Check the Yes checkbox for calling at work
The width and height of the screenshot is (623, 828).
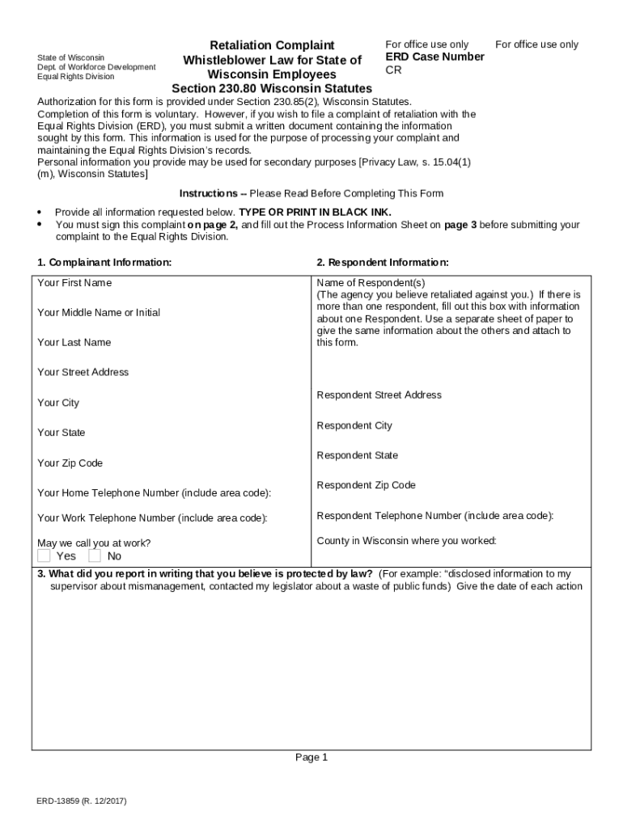[x=44, y=556]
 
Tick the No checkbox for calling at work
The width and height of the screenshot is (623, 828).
[x=95, y=556]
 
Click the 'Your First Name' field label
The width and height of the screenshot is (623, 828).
[x=74, y=283]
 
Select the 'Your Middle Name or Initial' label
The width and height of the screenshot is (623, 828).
[x=99, y=313]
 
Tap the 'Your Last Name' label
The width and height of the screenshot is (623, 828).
[x=74, y=343]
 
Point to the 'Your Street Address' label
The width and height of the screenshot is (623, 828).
[x=83, y=373]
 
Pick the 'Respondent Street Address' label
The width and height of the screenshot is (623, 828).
[x=379, y=395]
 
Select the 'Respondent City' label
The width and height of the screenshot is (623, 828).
[x=354, y=425]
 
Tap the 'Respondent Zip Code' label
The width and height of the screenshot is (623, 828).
[x=366, y=485]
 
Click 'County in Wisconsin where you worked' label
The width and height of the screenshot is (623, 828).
[x=406, y=541]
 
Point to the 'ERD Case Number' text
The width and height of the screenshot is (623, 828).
[x=434, y=57]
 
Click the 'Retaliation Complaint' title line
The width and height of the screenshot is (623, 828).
[x=272, y=45]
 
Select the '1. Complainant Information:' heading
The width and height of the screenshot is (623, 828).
[x=104, y=263]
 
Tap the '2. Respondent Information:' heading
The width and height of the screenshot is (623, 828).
[x=383, y=263]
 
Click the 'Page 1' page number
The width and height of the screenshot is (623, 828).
[x=311, y=758]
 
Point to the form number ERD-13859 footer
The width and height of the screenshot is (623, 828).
[x=81, y=801]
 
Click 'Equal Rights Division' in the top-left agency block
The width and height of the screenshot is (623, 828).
[x=76, y=77]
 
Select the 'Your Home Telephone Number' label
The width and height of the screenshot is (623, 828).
[x=154, y=493]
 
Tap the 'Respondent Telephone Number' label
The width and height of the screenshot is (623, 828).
[x=435, y=516]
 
